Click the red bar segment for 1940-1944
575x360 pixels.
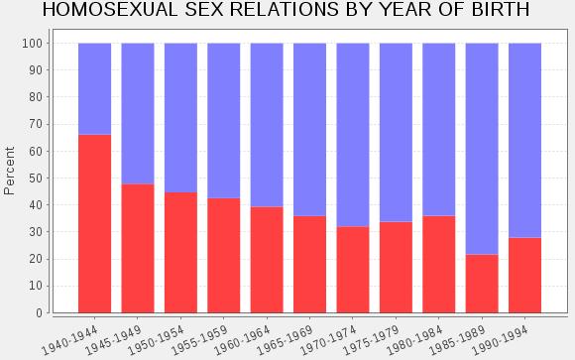click(x=94, y=224)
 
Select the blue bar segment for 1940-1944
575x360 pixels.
click(x=94, y=89)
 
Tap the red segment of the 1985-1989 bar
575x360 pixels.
click(x=482, y=284)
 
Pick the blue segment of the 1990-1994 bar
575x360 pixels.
click(x=524, y=141)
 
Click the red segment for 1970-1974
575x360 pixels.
click(x=353, y=270)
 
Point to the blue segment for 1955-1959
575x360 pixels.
click(x=224, y=121)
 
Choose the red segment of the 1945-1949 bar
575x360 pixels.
click(x=138, y=249)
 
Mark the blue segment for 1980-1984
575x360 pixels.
click(x=439, y=130)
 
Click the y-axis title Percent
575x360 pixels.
click(x=9, y=171)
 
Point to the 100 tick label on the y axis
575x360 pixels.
click(x=33, y=44)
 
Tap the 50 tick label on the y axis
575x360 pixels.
click(x=36, y=178)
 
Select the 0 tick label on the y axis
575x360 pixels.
click(x=40, y=313)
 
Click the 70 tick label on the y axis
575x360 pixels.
click(x=36, y=124)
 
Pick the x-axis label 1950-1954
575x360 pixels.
click(x=156, y=340)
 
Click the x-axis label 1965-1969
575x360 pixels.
click(x=285, y=340)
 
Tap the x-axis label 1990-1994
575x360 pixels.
click(x=500, y=340)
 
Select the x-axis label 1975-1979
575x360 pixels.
click(x=371, y=340)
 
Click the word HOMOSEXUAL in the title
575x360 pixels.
click(x=110, y=10)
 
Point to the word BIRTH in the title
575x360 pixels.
click(x=501, y=10)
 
